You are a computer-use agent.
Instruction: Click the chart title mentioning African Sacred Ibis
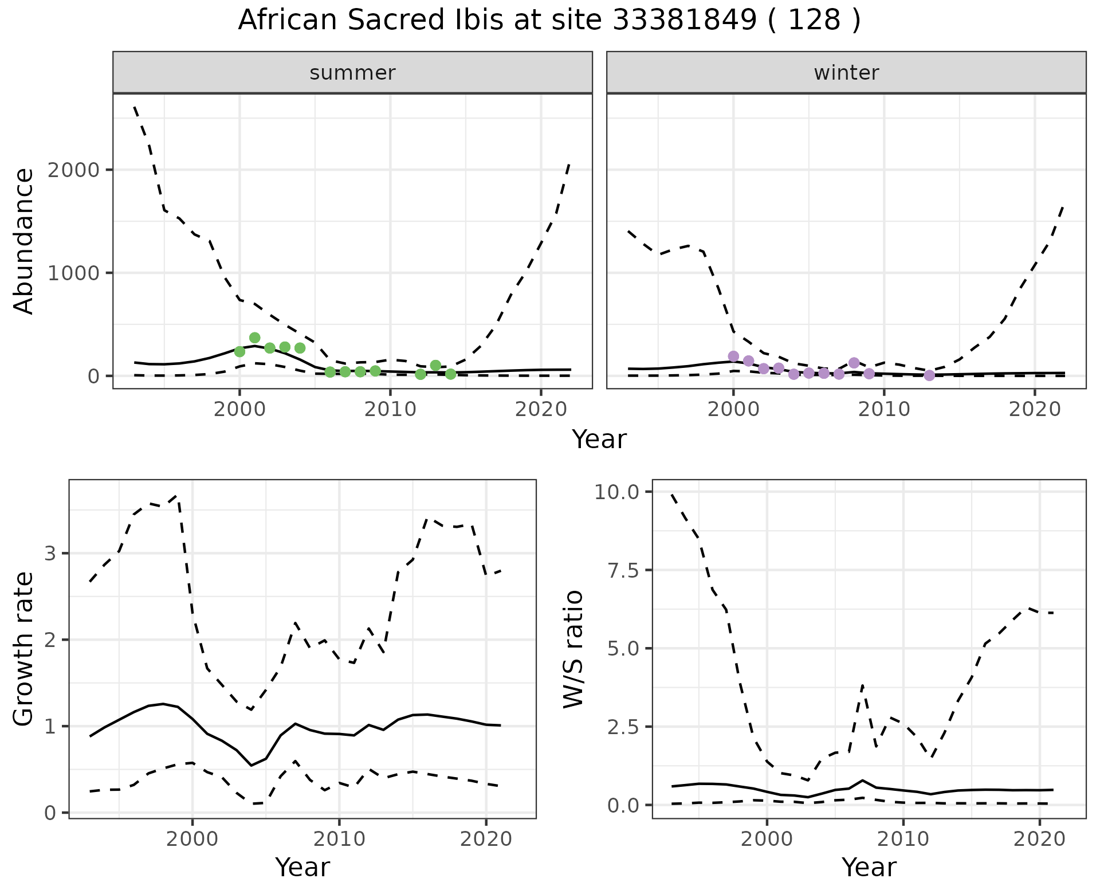549,21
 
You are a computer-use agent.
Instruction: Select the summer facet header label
352,73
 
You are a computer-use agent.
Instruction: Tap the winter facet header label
846,73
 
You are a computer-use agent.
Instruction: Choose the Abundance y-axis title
24,241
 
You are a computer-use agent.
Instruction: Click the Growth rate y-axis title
24,649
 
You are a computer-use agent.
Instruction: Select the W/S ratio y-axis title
573,649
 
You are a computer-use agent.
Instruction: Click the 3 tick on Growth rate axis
50,554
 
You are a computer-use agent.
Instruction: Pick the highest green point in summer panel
255,338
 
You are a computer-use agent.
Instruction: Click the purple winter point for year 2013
929,375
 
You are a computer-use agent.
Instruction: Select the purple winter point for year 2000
733,356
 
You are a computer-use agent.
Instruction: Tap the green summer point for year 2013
435,366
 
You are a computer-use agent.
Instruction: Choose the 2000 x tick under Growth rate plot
192,840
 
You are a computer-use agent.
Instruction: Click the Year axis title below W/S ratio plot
869,868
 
